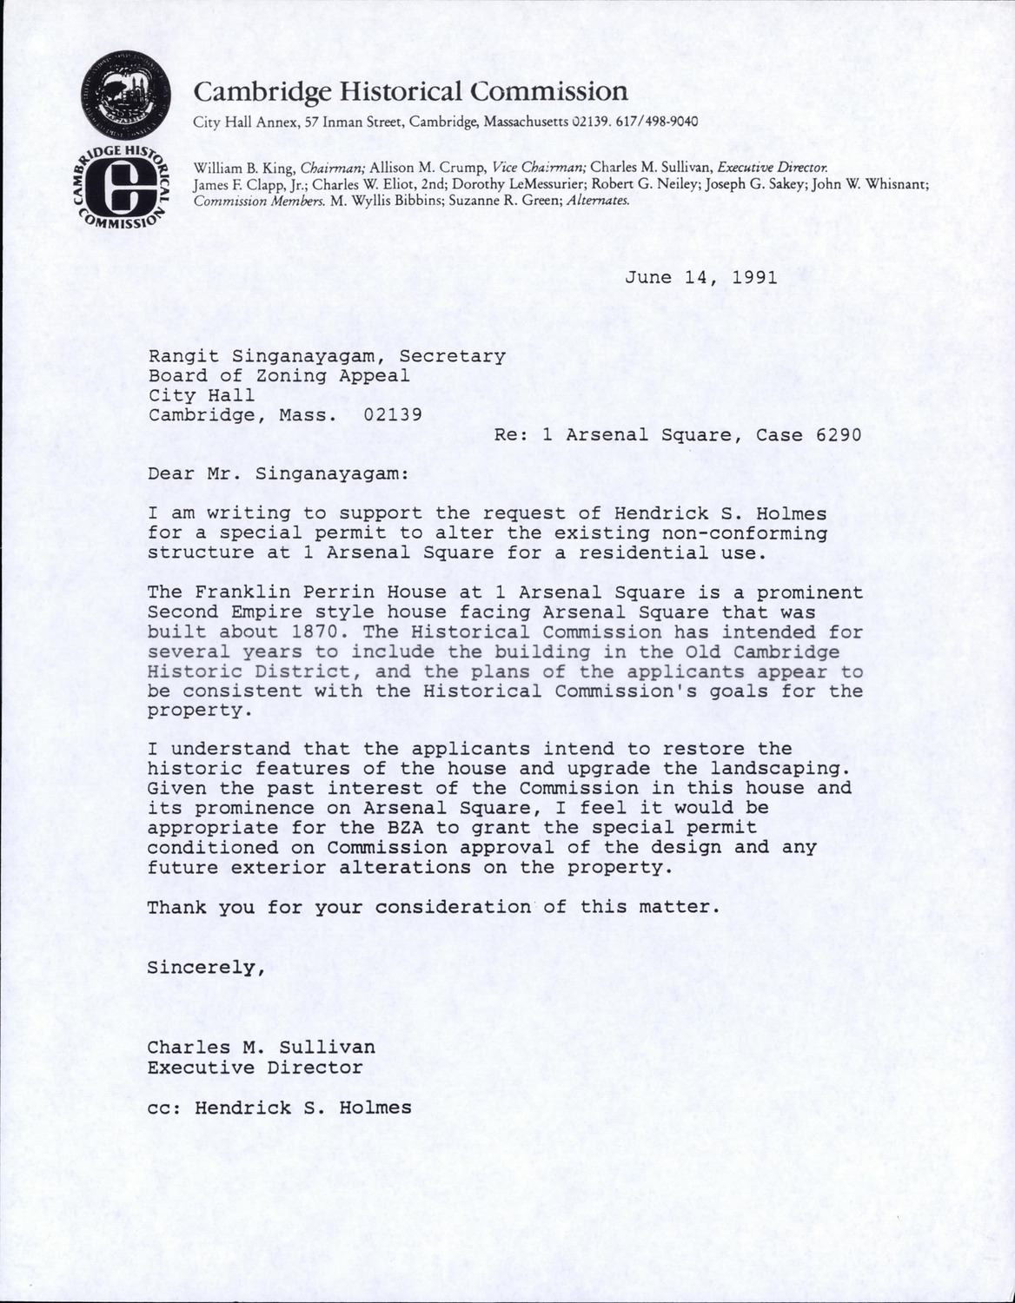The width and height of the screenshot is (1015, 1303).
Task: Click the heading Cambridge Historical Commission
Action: pos(409,91)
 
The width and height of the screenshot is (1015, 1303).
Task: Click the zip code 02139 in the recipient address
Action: pos(393,414)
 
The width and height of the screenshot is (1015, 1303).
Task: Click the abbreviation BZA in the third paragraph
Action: pos(405,828)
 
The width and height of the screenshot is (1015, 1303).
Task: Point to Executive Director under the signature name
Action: pos(255,1068)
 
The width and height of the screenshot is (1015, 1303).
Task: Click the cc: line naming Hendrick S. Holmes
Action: pos(279,1108)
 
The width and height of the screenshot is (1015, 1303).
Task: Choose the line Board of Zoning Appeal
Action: pos(278,375)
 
